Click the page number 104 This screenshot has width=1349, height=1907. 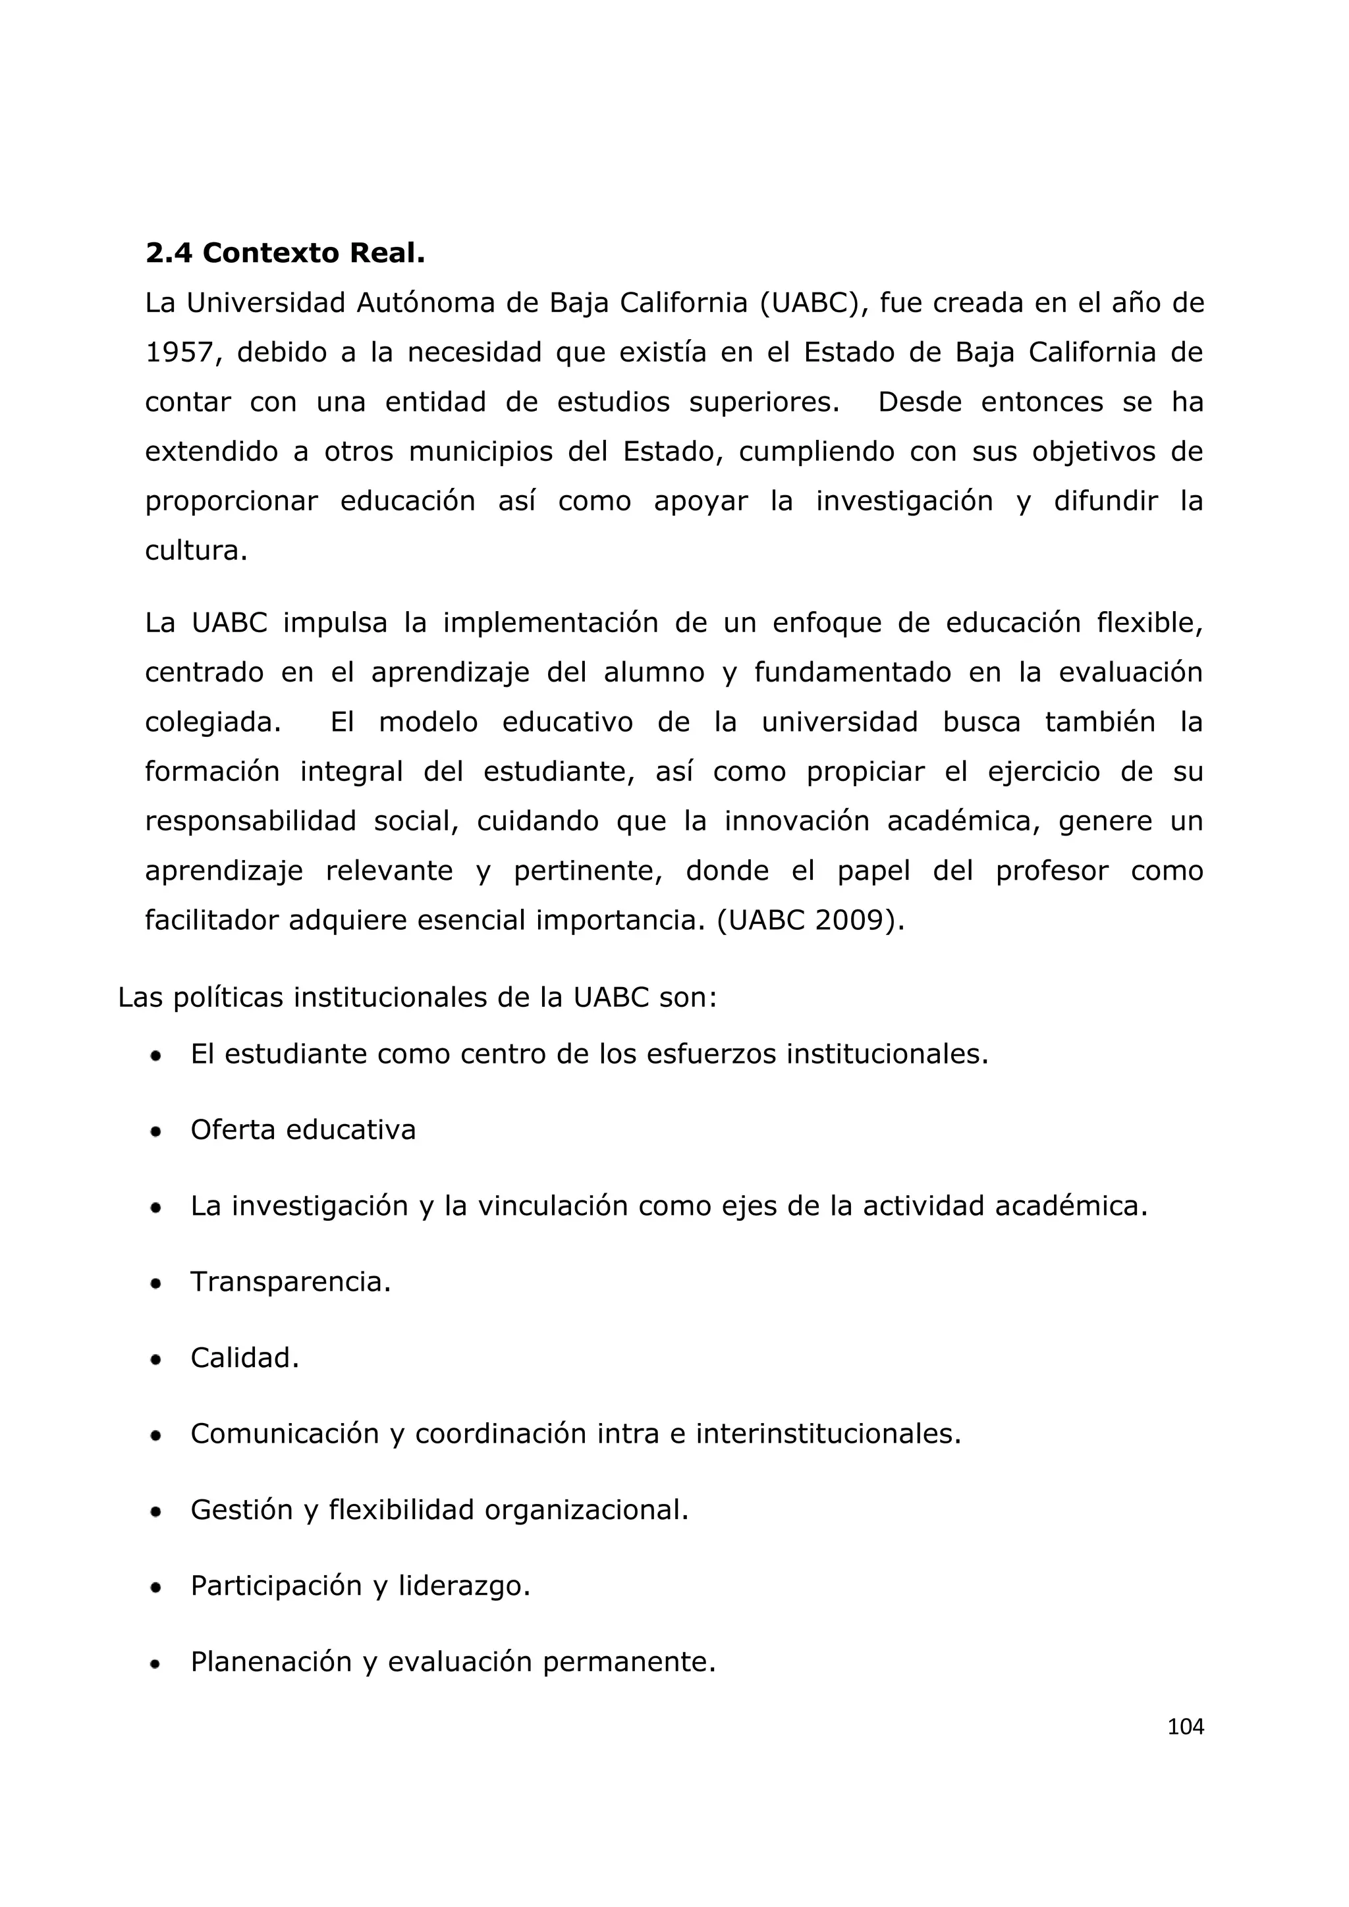[x=1186, y=1727]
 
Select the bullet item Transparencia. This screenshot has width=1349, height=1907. [x=290, y=1281]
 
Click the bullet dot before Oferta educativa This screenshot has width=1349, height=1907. [x=155, y=1131]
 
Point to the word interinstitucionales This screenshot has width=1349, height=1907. [x=827, y=1434]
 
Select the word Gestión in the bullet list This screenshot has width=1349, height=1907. [x=242, y=1509]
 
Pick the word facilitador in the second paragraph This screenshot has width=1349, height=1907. [x=212, y=921]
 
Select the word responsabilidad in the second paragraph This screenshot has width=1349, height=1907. [x=250, y=821]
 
